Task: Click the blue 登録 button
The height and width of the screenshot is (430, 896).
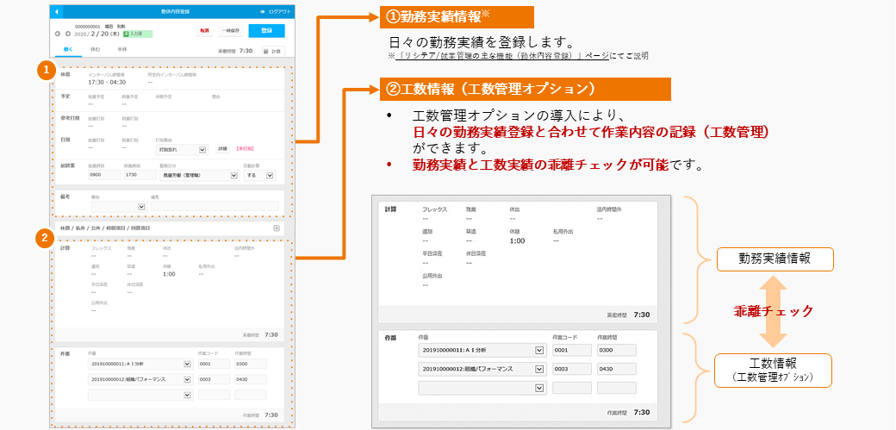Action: coord(266,31)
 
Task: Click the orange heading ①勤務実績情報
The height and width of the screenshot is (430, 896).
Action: coord(457,17)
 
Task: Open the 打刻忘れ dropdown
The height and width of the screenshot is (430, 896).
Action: coord(182,149)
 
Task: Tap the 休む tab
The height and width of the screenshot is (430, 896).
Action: coord(96,50)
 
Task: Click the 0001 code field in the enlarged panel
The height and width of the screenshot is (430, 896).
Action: coord(571,350)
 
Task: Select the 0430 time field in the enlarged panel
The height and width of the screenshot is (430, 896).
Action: coord(615,369)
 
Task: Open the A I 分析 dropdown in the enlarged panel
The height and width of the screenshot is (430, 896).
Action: coord(482,350)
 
